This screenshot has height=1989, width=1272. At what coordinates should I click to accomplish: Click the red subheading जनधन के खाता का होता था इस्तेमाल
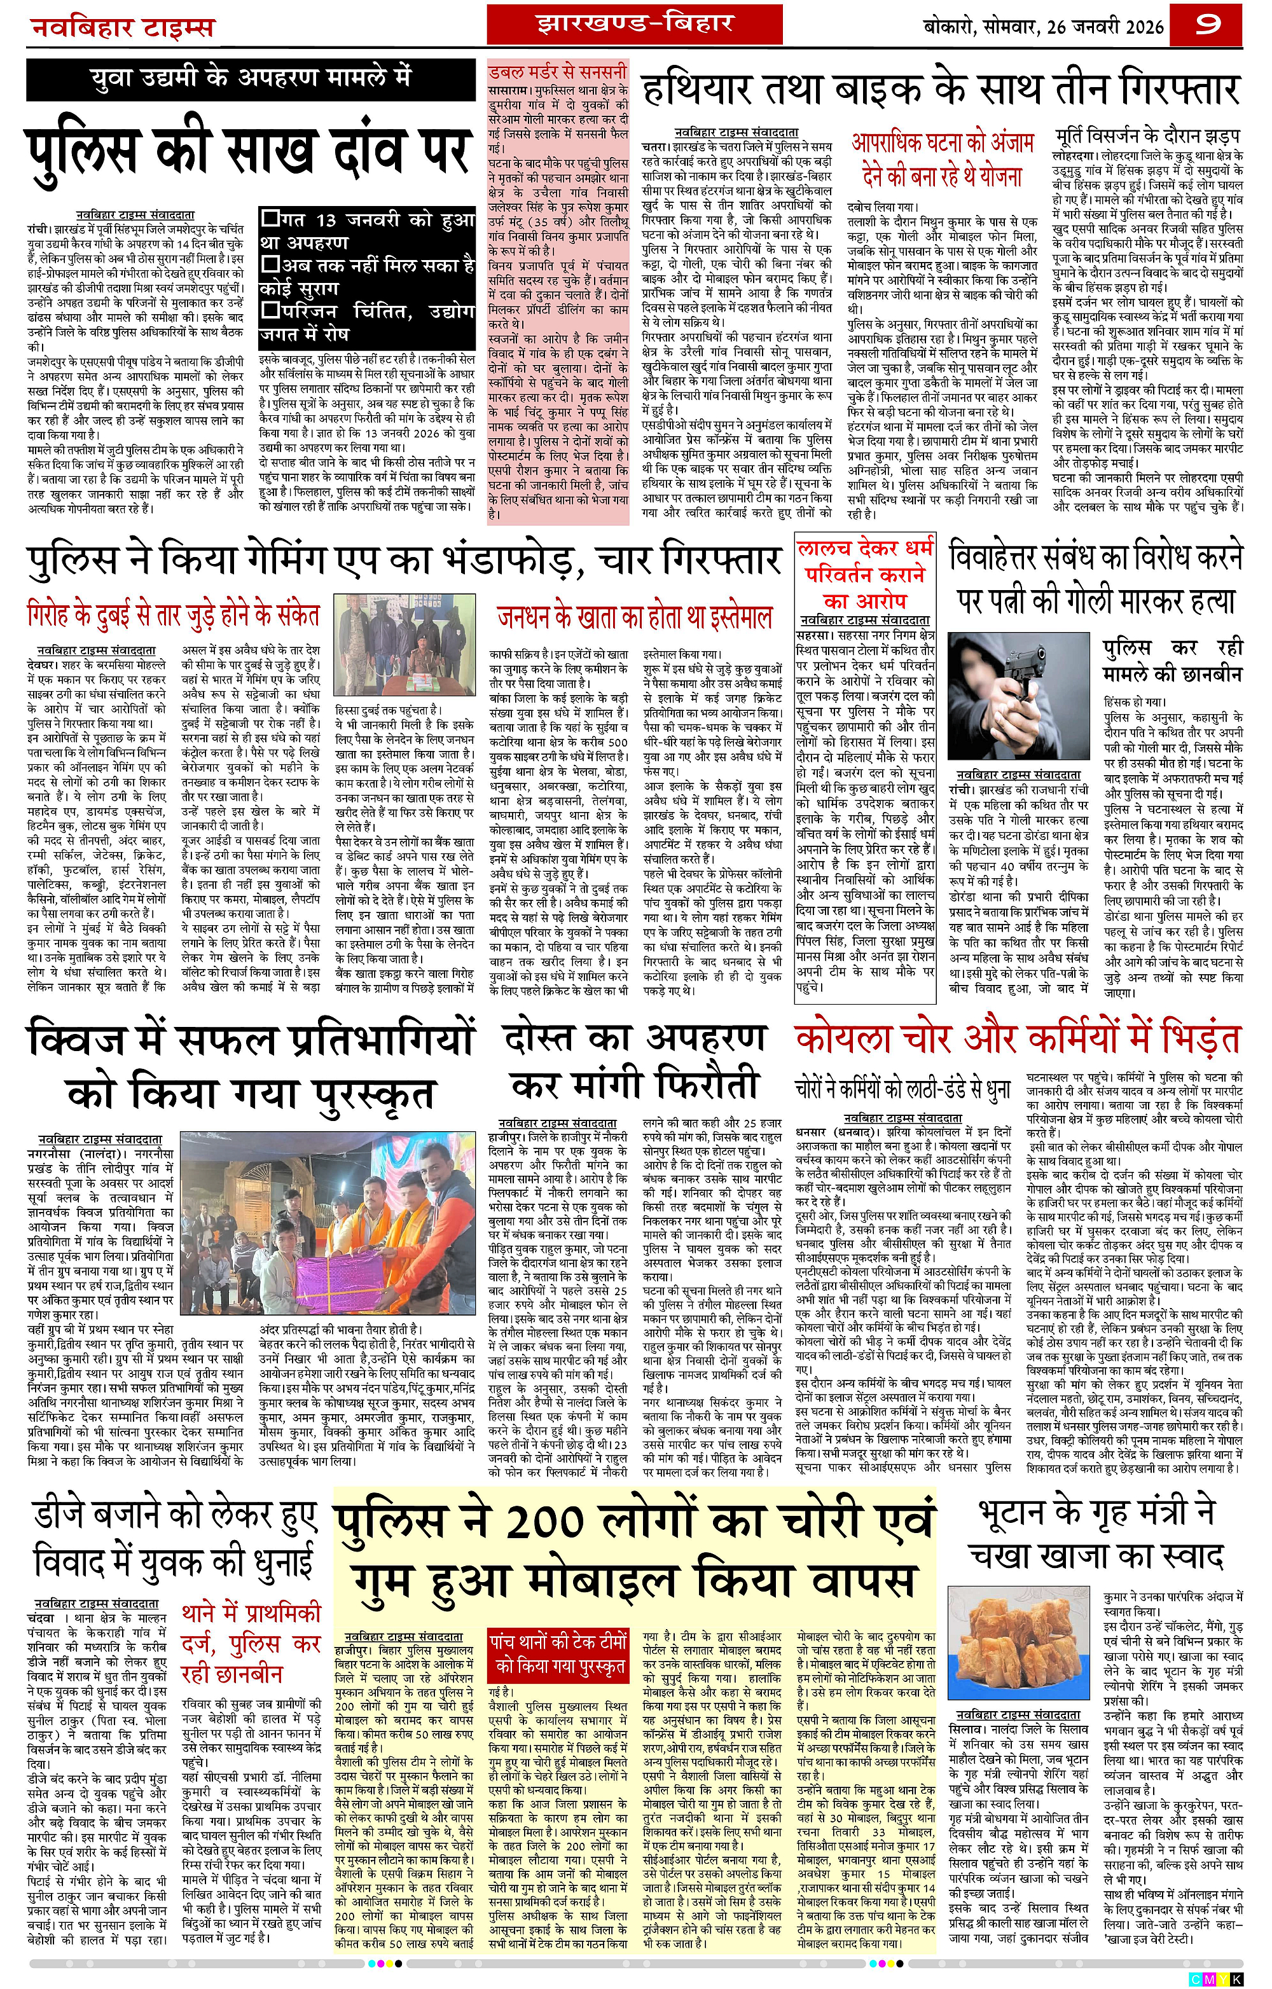(634, 617)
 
